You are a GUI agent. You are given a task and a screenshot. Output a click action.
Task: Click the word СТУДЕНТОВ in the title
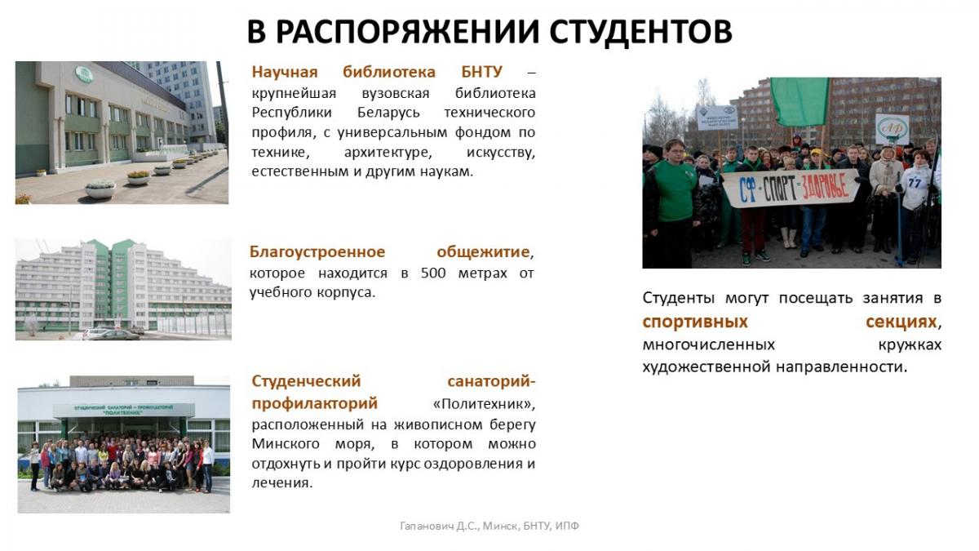click(x=640, y=32)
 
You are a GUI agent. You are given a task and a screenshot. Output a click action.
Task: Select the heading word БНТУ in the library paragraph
click(x=481, y=72)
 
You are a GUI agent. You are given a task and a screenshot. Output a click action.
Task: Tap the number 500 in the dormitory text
click(x=433, y=273)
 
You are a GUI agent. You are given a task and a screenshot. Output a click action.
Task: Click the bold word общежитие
click(x=483, y=252)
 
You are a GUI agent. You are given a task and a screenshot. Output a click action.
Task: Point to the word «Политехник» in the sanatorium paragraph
click(x=484, y=403)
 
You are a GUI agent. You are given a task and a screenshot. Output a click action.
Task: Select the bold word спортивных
click(x=695, y=322)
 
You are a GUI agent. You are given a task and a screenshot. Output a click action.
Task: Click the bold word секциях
click(x=901, y=322)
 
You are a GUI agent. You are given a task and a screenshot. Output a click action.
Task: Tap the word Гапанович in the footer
click(x=427, y=526)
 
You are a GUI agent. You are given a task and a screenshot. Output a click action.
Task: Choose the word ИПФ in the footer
click(x=567, y=526)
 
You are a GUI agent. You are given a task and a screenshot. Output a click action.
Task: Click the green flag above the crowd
click(x=800, y=101)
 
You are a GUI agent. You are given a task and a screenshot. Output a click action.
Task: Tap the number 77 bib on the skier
click(x=915, y=182)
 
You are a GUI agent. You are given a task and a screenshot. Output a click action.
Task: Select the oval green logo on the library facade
click(x=84, y=74)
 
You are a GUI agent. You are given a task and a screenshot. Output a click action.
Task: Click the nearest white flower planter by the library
click(x=100, y=189)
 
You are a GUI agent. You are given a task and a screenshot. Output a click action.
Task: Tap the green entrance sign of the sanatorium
click(x=123, y=410)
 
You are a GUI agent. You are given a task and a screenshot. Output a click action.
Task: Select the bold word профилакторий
click(x=315, y=403)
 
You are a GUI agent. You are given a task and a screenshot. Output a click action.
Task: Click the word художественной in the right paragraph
click(x=707, y=367)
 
